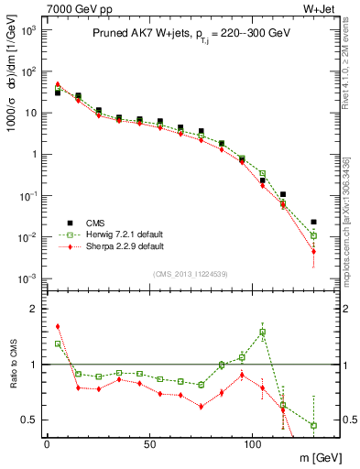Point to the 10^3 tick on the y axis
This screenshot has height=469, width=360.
point(27,30)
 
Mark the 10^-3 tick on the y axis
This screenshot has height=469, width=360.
point(27,278)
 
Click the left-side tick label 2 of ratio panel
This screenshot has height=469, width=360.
point(33,309)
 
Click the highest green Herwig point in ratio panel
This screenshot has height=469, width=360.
point(263,333)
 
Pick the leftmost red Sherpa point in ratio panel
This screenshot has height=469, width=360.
point(58,326)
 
